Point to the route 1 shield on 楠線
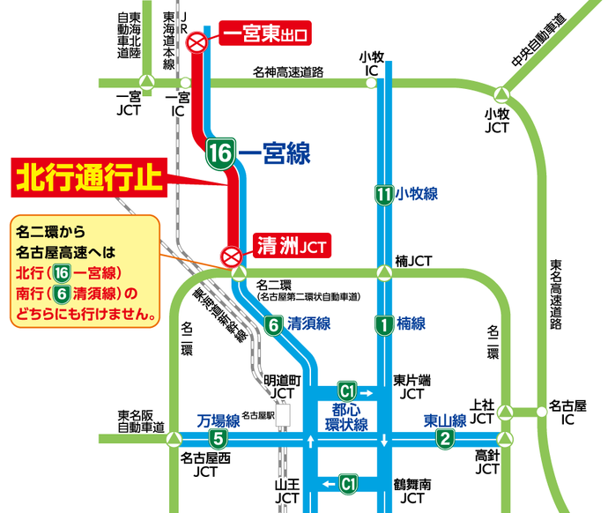(382, 323)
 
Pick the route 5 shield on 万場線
(217, 439)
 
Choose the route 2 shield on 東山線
(446, 439)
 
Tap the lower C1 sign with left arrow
(349, 483)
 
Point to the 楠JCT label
(412, 261)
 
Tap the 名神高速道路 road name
(288, 71)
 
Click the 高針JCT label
(487, 462)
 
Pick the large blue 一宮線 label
(274, 154)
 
